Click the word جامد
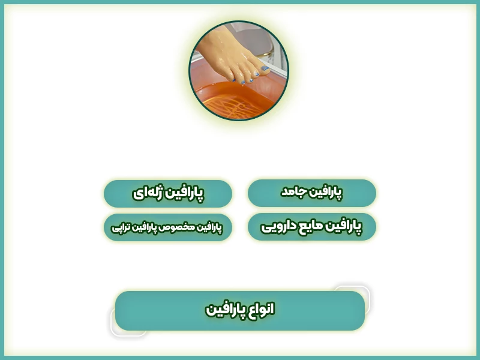pos(294,193)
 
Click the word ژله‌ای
pos(146,193)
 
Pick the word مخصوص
pos(177,228)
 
